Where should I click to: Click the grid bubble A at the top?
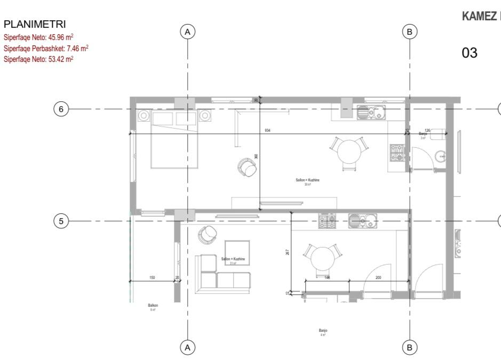187,32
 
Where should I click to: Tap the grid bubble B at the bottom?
409,347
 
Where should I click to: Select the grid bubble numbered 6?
61,109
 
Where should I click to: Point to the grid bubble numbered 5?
61,220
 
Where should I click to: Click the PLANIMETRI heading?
34,25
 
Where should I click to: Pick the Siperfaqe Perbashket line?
46,49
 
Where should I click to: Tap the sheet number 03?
469,53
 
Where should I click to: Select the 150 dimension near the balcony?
152,278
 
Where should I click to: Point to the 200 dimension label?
378,278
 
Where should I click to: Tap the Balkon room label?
153,306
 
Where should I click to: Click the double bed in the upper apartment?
173,139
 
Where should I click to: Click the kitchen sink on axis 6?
371,113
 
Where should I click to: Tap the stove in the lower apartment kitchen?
327,221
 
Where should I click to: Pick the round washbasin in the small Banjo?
441,156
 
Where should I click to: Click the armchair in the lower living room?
207,234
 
